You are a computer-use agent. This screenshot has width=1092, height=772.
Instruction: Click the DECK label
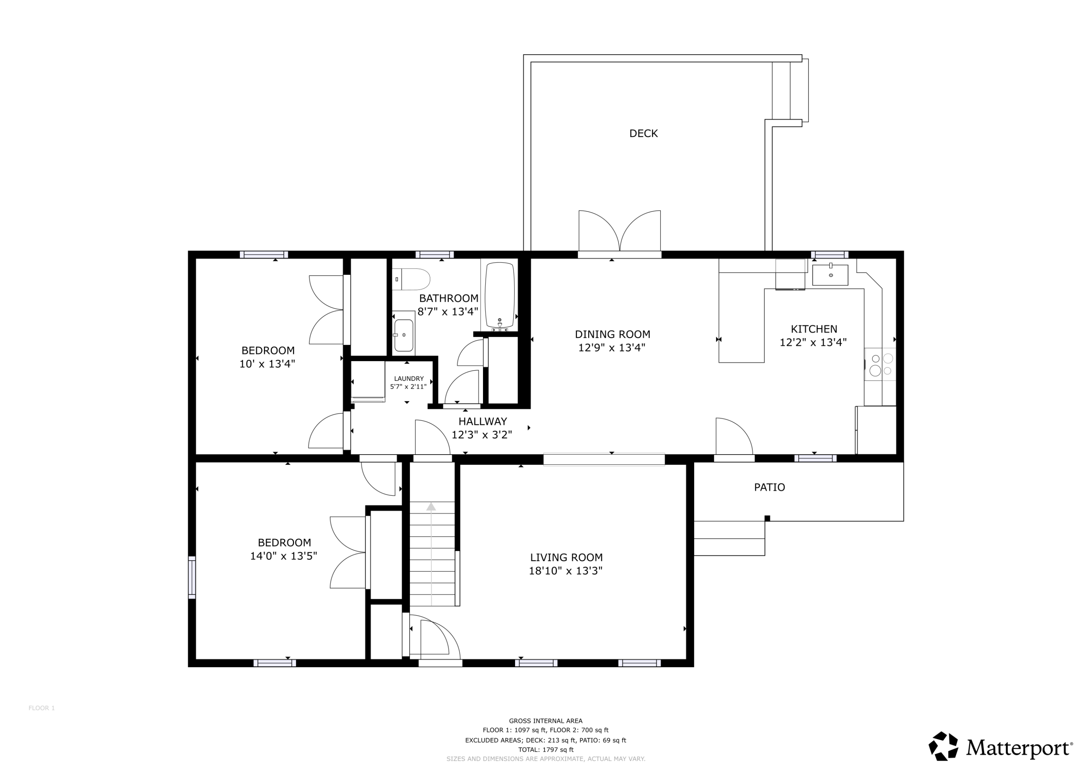coord(644,134)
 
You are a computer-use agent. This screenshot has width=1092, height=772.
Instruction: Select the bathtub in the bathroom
coord(499,296)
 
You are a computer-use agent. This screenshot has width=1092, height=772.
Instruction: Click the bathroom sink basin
coord(403,335)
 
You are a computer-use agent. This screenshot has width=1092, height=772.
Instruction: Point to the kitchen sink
coord(830,275)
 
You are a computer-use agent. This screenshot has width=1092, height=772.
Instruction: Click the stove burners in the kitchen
coord(881,365)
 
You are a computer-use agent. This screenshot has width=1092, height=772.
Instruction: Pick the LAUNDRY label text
coord(408,379)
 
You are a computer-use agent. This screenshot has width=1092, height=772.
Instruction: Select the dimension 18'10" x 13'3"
coord(566,571)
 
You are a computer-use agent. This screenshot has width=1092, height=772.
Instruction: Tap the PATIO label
coord(769,487)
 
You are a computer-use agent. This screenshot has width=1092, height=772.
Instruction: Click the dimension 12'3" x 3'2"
coord(482,435)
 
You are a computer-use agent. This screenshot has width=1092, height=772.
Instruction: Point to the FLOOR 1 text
coord(42,708)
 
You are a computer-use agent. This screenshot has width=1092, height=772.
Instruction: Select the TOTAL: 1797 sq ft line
coord(546,750)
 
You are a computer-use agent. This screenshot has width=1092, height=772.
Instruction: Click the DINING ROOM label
coord(613,334)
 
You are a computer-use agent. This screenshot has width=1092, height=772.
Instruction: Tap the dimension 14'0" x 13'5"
coord(284,556)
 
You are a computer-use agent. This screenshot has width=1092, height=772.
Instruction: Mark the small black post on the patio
coord(767,518)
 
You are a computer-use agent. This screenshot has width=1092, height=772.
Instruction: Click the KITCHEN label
coord(814,329)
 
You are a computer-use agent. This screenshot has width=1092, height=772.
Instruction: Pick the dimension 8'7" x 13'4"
coord(448,312)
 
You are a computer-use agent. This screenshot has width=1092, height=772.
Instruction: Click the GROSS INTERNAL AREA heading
coord(546,721)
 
